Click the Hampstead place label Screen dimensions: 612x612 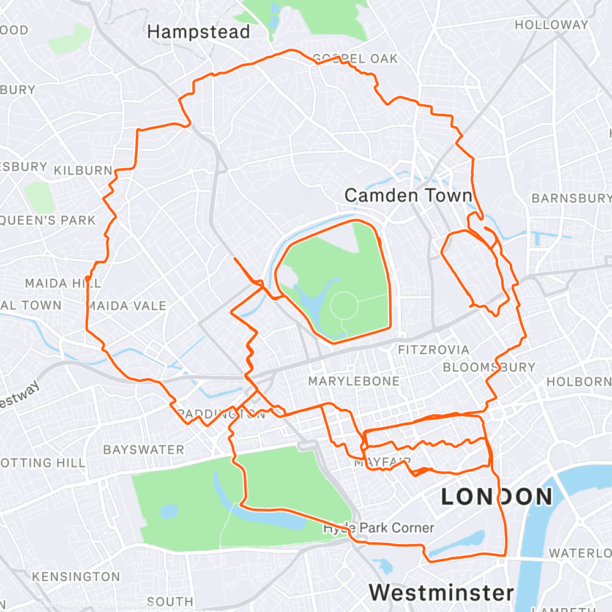point(199,32)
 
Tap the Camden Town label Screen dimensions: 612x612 point(408,195)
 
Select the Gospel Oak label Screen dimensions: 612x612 point(355,59)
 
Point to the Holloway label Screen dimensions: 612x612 point(551,25)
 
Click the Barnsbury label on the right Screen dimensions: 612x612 point(571,198)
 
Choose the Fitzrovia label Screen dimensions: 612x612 point(433,350)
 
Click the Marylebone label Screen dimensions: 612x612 point(354,381)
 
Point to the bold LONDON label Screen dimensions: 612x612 point(497,496)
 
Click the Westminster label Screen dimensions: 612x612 point(441,592)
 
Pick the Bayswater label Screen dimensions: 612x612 point(143,450)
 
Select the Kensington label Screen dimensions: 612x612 point(76,577)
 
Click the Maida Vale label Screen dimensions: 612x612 point(127,305)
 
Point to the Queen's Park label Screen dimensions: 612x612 point(49,220)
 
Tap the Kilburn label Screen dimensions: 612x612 point(83,171)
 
